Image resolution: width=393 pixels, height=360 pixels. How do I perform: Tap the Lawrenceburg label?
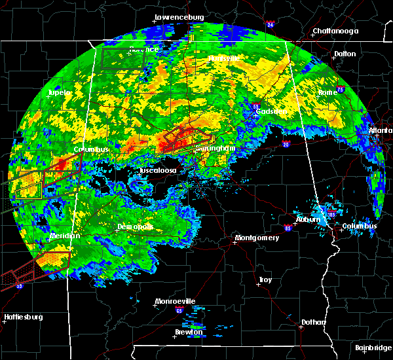pyautogui.click(x=179, y=17)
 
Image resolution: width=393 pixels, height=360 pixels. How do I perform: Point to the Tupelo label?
pyautogui.click(x=60, y=93)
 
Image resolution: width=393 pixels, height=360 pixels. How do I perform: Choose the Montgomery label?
pyautogui.click(x=257, y=238)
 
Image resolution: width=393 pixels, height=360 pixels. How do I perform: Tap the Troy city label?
pyautogui.click(x=265, y=279)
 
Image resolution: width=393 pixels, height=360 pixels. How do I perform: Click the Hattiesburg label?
pyautogui.click(x=24, y=317)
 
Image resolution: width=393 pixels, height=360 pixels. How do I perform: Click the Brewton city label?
pyautogui.click(x=189, y=332)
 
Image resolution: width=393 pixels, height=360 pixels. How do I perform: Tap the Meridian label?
pyautogui.click(x=64, y=236)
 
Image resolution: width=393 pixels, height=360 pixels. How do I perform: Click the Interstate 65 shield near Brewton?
pyautogui.click(x=179, y=312)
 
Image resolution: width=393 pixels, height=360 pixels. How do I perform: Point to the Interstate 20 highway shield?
pyautogui.click(x=286, y=144)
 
